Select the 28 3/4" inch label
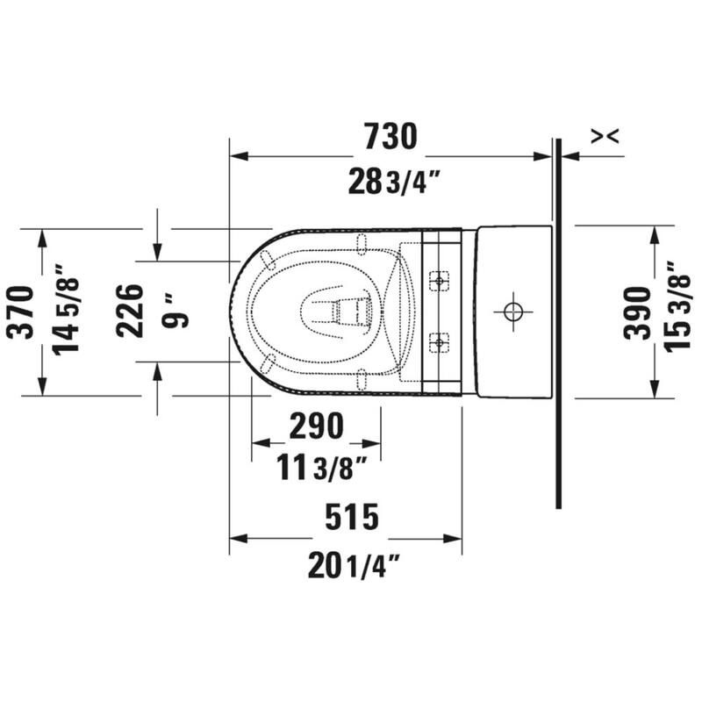tap(393, 182)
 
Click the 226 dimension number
tap(130, 311)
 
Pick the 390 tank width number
tap(638, 312)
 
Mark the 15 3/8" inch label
tap(677, 308)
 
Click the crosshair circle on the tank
tap(511, 311)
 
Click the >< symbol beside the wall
tap(605, 135)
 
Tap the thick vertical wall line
tap(557, 351)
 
